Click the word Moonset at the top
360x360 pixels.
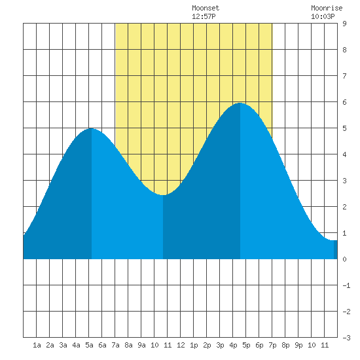pyautogui.click(x=206, y=8)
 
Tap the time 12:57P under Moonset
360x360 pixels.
pyautogui.click(x=204, y=16)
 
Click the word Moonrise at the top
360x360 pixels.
pyautogui.click(x=327, y=8)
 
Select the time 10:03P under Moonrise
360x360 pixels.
pyautogui.click(x=323, y=16)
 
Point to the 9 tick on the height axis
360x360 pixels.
pyautogui.click(x=344, y=24)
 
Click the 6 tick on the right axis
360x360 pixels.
pyautogui.click(x=344, y=102)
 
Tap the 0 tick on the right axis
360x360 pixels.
pyautogui.click(x=344, y=259)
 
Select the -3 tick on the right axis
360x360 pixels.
pyautogui.click(x=346, y=338)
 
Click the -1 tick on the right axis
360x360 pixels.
pyautogui.click(x=346, y=285)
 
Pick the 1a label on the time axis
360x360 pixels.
pyautogui.click(x=37, y=345)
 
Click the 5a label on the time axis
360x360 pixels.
pyautogui.click(x=89, y=345)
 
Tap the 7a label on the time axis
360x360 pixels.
pyautogui.click(x=115, y=345)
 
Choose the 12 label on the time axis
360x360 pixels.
pyautogui.click(x=181, y=345)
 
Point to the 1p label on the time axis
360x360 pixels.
pyautogui.click(x=194, y=345)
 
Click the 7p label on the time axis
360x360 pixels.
pyautogui.click(x=272, y=345)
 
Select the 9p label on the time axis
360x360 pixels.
pyautogui.click(x=298, y=345)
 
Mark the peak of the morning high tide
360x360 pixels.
pyautogui.click(x=92, y=128)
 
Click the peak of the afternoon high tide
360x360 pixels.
pyautogui.click(x=240, y=103)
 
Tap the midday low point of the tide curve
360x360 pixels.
pyautogui.click(x=163, y=195)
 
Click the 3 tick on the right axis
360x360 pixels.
pyautogui.click(x=344, y=181)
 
